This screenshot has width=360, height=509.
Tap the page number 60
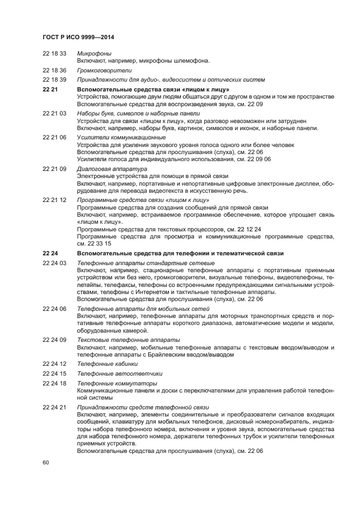click(46, 462)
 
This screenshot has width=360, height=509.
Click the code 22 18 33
click(54, 53)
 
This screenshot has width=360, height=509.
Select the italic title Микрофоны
click(94, 53)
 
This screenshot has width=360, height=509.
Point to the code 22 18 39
click(54, 79)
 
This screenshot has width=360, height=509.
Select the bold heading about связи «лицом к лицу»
click(153, 89)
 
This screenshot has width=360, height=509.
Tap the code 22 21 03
click(54, 113)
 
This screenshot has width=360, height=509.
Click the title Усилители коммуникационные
click(121, 137)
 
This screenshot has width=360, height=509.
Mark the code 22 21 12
click(54, 200)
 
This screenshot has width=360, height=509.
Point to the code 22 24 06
click(54, 309)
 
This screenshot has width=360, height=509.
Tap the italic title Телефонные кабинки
click(107, 363)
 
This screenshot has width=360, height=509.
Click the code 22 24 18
click(54, 383)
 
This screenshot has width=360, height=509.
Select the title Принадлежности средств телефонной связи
click(143, 407)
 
